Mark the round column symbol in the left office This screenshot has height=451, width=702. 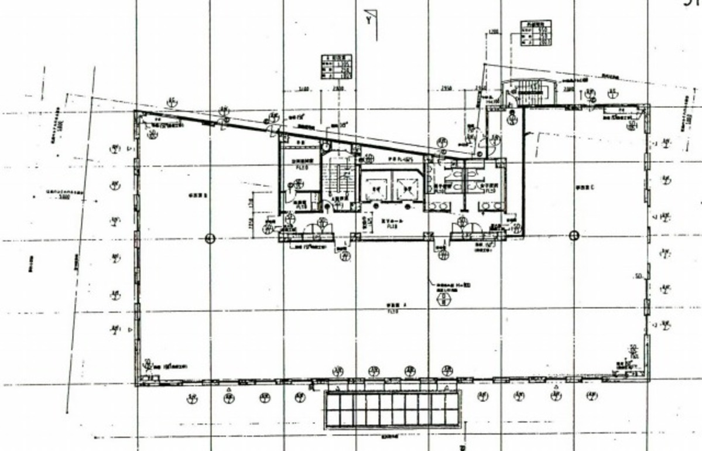(x=210, y=238)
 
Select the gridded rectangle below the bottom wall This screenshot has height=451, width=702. (x=392, y=408)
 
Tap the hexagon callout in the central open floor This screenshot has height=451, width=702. (x=443, y=300)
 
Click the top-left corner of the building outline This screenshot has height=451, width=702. (x=136, y=111)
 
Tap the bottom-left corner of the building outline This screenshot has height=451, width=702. (x=136, y=385)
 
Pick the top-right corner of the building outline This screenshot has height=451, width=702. (x=649, y=105)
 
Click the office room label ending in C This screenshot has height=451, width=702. (x=585, y=187)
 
